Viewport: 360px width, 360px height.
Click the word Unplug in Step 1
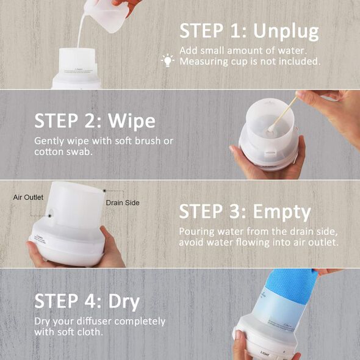point(286,32)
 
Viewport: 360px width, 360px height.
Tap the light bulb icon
point(168,60)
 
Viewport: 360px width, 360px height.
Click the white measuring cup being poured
point(106,15)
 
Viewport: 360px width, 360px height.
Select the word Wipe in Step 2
point(132,121)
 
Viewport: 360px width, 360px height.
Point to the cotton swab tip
point(271,129)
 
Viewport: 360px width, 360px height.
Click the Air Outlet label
point(28,198)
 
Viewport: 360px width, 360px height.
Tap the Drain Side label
point(123,203)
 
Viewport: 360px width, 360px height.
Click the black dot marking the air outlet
point(49,216)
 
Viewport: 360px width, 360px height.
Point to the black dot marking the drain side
point(104,190)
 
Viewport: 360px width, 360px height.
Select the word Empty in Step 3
point(282,212)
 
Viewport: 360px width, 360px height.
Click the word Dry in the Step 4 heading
point(124,302)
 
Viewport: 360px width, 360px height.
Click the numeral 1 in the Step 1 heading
point(235,31)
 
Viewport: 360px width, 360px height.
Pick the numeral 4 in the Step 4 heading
point(90,301)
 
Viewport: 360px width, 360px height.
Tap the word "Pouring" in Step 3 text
point(197,232)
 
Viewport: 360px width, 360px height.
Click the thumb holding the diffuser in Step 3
point(108,237)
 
